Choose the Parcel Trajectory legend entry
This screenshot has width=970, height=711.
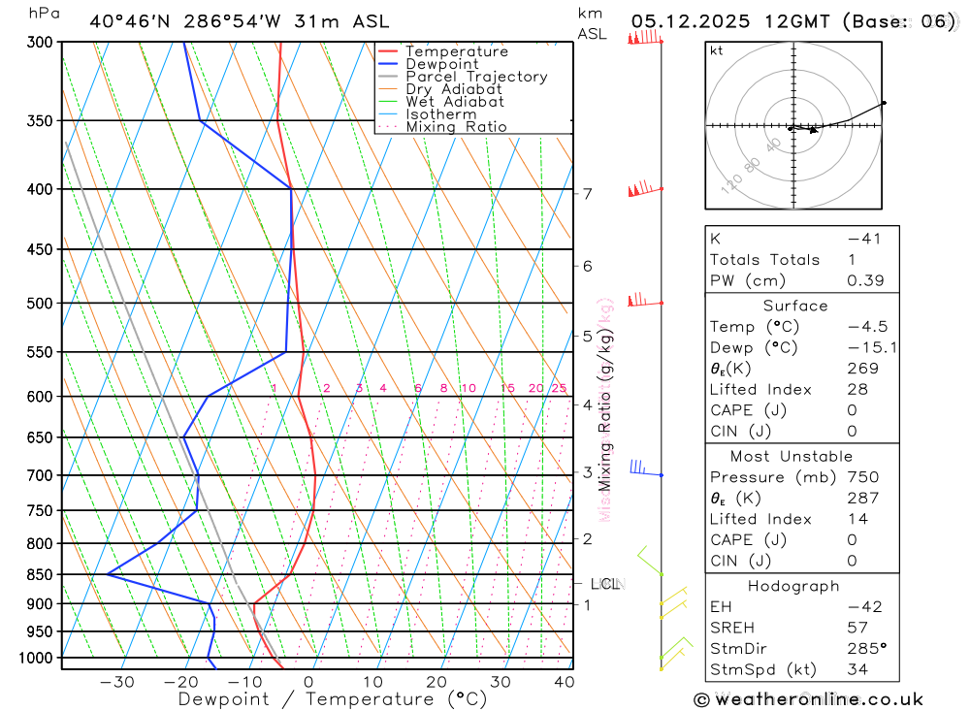click(x=476, y=77)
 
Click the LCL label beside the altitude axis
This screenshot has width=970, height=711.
click(x=605, y=584)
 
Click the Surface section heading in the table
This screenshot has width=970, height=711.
click(x=795, y=306)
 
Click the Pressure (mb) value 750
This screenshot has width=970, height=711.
click(x=862, y=477)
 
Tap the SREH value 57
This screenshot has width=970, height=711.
click(x=856, y=628)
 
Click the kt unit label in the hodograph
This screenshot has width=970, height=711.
click(x=717, y=50)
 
